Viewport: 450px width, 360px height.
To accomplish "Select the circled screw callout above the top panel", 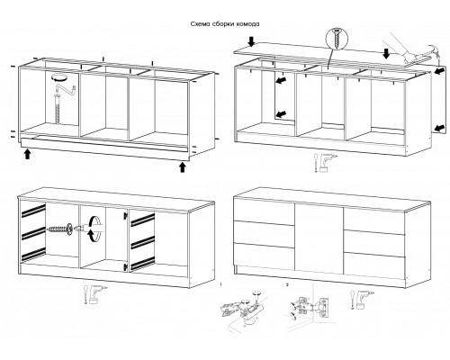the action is [337, 39].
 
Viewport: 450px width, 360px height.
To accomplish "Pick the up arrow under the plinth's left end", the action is [27, 154].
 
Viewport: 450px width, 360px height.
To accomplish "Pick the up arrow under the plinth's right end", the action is [182, 167].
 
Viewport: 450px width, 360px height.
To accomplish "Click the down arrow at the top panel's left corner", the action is [251, 41].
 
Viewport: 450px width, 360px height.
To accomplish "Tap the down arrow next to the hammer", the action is [386, 53].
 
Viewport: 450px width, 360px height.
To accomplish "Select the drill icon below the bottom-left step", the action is [95, 294].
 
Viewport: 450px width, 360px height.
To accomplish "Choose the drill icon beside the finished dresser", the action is [361, 299].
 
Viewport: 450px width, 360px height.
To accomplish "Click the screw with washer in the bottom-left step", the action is [60, 229].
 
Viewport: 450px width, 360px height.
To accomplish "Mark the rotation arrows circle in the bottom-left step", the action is [94, 229].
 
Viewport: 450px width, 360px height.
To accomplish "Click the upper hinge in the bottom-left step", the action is [125, 215].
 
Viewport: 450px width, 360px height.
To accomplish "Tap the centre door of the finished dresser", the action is [319, 239].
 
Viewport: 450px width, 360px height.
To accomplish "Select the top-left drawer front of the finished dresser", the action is [264, 211].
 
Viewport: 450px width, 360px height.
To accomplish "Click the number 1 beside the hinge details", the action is [220, 284].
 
